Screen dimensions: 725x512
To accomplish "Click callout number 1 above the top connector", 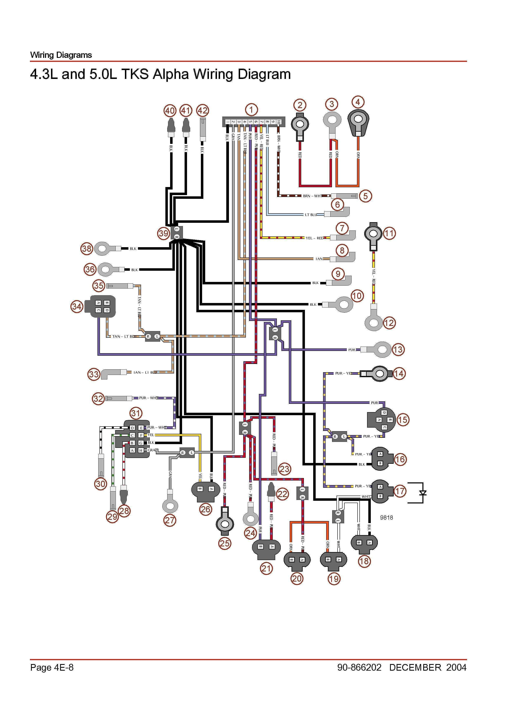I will pyautogui.click(x=251, y=110).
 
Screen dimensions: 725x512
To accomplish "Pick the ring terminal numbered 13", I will pyautogui.click(x=382, y=349).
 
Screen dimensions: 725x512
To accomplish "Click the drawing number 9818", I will pyautogui.click(x=386, y=517).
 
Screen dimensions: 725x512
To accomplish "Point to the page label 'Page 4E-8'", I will pyautogui.click(x=52, y=667).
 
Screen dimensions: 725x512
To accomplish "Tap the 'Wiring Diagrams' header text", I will pyautogui.click(x=61, y=55).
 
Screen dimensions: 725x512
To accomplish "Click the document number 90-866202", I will pyautogui.click(x=359, y=667).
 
